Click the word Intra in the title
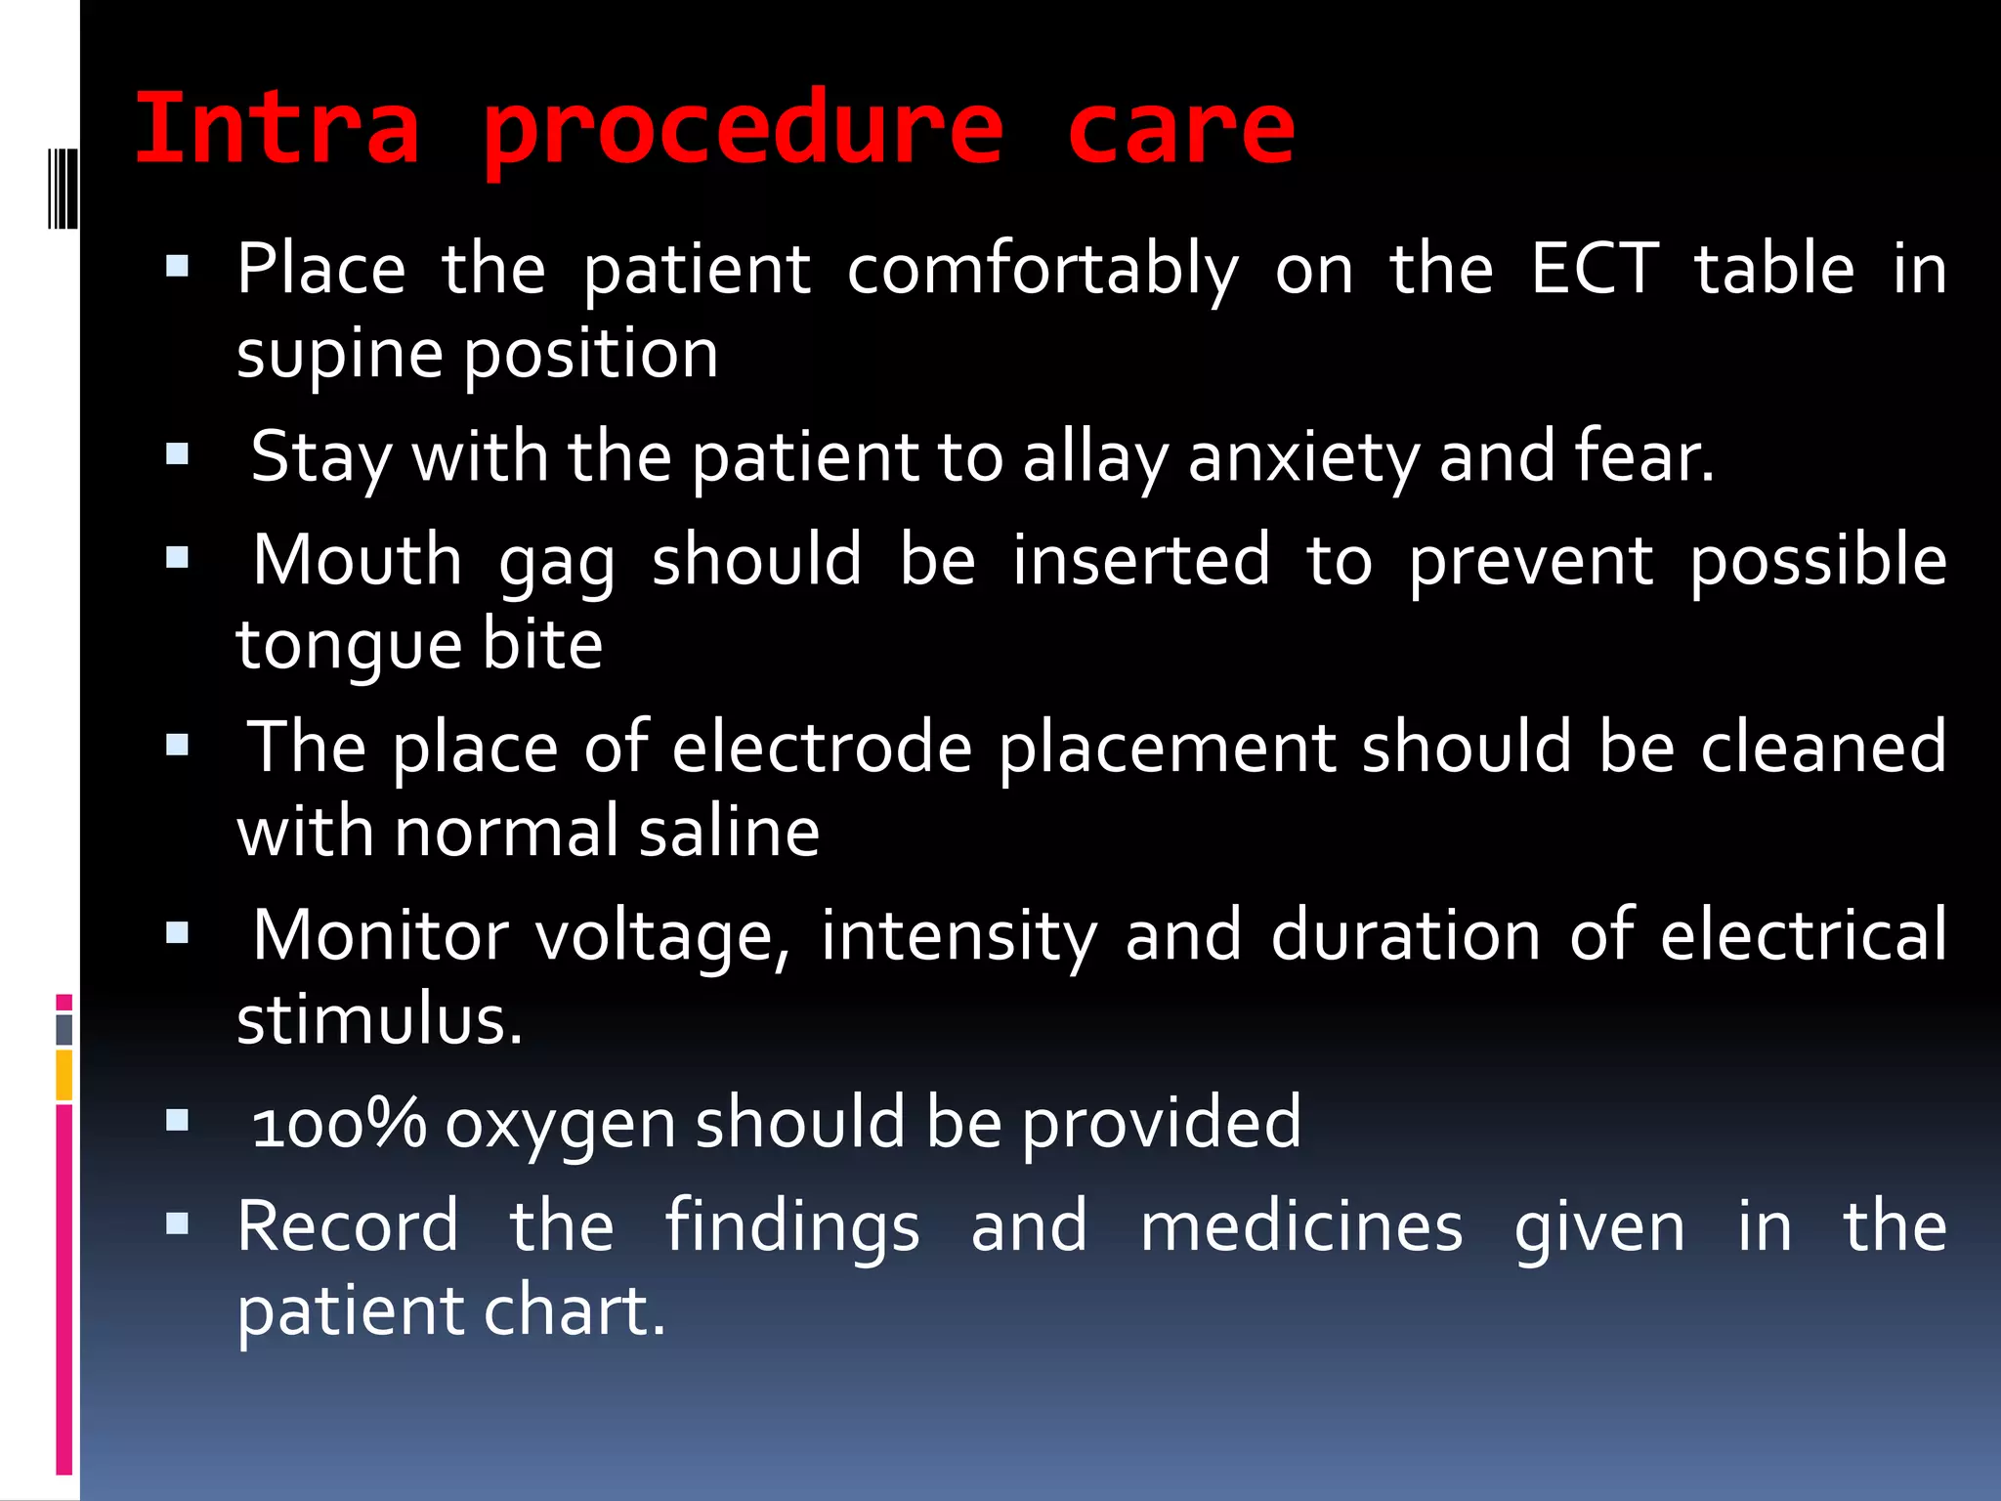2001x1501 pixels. (277, 129)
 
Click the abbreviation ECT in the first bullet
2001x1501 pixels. (1595, 269)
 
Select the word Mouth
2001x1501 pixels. (357, 561)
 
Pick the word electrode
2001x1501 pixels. (822, 749)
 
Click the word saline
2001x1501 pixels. (729, 833)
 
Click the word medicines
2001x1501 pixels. (1301, 1227)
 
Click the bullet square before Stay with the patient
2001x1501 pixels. (177, 453)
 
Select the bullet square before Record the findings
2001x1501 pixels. (177, 1222)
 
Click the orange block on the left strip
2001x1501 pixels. (64, 1074)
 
